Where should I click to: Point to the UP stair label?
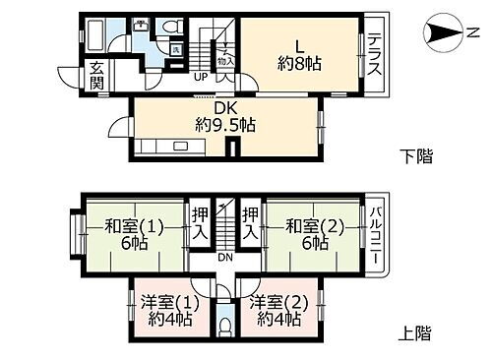200,78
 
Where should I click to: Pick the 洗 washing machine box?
175,49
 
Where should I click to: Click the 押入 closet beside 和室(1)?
200,222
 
